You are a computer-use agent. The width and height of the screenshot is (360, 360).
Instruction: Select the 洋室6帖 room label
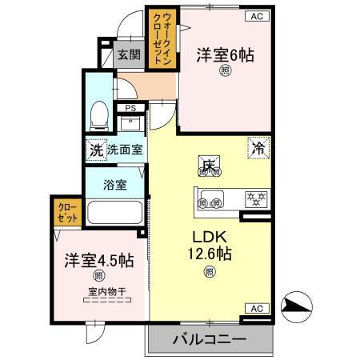coord(226,56)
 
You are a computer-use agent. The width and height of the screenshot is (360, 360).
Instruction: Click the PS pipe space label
coord(129,107)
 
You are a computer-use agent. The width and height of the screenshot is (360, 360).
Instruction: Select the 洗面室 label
coord(124,149)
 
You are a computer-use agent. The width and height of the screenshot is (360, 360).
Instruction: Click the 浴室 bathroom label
coord(115,185)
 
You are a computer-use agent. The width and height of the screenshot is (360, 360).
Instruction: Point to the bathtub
coord(114,214)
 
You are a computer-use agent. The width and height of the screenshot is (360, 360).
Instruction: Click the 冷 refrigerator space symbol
coord(258,147)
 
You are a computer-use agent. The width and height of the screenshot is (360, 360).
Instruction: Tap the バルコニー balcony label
coord(210,339)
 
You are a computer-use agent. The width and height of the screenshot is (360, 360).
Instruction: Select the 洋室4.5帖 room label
coord(94,262)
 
